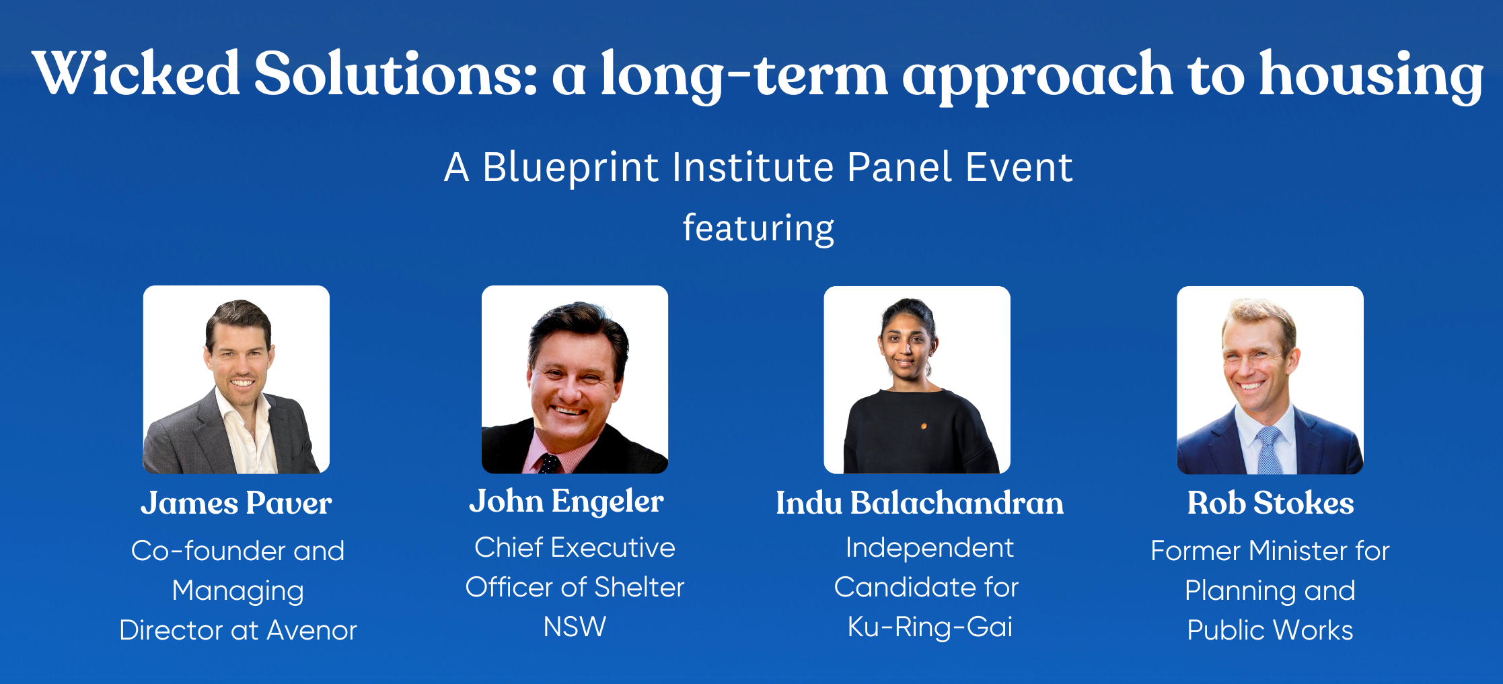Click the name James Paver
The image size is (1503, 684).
click(x=236, y=503)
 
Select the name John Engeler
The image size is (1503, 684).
click(x=566, y=502)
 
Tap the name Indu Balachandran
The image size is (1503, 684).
click(x=920, y=503)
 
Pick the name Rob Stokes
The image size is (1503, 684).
click(x=1270, y=503)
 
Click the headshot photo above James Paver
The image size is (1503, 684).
click(x=236, y=380)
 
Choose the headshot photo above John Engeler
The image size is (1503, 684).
click(x=575, y=380)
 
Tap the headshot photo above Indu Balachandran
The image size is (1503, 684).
click(x=917, y=380)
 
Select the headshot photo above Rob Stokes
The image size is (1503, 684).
click(x=1270, y=380)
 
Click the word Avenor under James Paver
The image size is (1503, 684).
click(x=311, y=631)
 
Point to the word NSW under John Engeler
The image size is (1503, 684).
click(x=575, y=627)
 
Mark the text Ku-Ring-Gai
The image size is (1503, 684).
click(x=930, y=627)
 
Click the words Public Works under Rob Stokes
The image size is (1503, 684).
click(x=1270, y=631)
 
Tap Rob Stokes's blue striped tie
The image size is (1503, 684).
click(x=1269, y=451)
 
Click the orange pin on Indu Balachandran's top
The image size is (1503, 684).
click(x=924, y=426)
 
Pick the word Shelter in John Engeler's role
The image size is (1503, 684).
click(x=639, y=588)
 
